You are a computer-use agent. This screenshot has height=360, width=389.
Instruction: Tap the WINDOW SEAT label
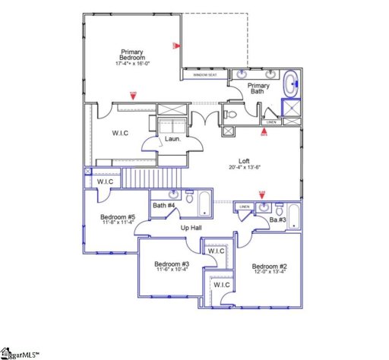tap(204, 75)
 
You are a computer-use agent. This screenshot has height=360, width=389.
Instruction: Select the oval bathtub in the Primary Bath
tap(291, 84)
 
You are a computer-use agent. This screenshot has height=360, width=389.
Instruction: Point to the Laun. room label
tap(172, 138)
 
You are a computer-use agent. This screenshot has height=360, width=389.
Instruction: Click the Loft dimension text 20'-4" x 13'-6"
tap(244, 167)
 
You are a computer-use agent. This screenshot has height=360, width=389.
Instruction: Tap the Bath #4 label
tap(163, 206)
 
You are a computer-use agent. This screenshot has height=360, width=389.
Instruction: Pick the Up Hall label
tap(190, 227)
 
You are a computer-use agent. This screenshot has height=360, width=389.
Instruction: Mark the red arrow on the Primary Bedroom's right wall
tap(176, 46)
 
